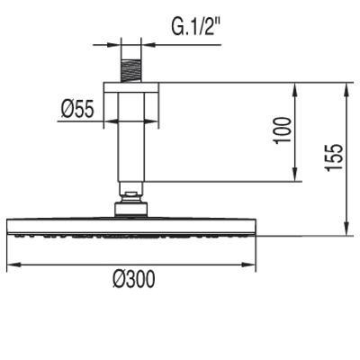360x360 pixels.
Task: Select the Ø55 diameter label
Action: [77, 110]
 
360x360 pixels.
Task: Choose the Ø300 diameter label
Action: [133, 279]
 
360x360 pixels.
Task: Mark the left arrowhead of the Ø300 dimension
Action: [13, 265]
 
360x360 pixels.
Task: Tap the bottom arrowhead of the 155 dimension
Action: [346, 231]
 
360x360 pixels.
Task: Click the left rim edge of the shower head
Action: [9, 228]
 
